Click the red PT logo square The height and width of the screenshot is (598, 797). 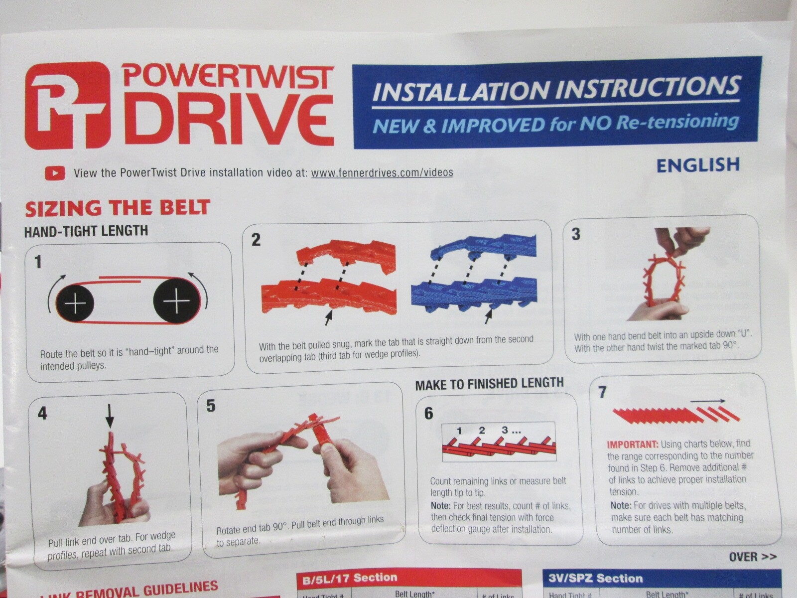tap(67, 105)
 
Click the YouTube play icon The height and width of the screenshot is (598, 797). tap(55, 173)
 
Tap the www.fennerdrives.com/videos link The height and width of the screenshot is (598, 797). tap(382, 172)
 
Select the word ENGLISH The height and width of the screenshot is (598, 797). tap(698, 165)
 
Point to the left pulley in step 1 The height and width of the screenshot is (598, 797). tap(75, 303)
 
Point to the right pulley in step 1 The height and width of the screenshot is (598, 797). tap(177, 301)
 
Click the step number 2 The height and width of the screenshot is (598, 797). tap(256, 240)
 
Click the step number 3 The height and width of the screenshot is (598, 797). tap(576, 234)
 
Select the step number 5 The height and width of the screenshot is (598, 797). tap(211, 406)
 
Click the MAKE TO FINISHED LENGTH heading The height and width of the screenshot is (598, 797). tap(489, 384)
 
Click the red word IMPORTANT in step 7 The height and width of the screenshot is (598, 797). tap(633, 444)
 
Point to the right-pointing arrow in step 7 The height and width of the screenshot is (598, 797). tap(708, 400)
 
